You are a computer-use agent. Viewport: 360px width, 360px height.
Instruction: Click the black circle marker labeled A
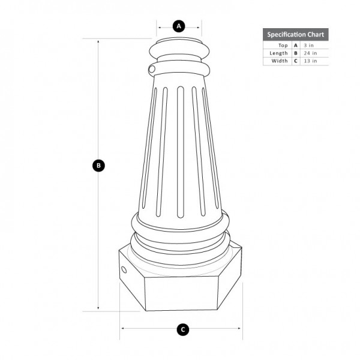click(x=179, y=26)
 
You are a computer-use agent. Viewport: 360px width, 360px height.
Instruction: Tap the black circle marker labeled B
click(x=99, y=166)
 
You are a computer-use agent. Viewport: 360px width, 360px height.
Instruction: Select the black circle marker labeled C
click(x=182, y=329)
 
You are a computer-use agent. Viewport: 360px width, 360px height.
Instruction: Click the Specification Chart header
click(x=295, y=34)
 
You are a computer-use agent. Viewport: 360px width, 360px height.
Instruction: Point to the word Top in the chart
click(x=283, y=45)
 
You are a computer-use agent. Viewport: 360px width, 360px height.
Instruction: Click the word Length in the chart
click(x=280, y=53)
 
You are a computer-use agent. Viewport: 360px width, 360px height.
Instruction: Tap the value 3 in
click(x=308, y=45)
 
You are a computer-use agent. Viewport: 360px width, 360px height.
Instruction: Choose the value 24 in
click(x=310, y=53)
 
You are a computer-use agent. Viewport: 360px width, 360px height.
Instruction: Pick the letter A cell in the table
click(x=295, y=45)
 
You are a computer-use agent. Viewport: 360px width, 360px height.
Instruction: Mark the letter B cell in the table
click(x=295, y=53)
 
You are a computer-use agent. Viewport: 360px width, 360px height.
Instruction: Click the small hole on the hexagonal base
click(x=124, y=270)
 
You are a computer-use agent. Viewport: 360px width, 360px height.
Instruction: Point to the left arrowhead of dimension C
click(x=122, y=329)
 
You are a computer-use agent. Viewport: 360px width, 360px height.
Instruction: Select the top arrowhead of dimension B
click(x=99, y=41)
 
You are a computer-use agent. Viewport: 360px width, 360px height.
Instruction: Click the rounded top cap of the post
click(x=179, y=47)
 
